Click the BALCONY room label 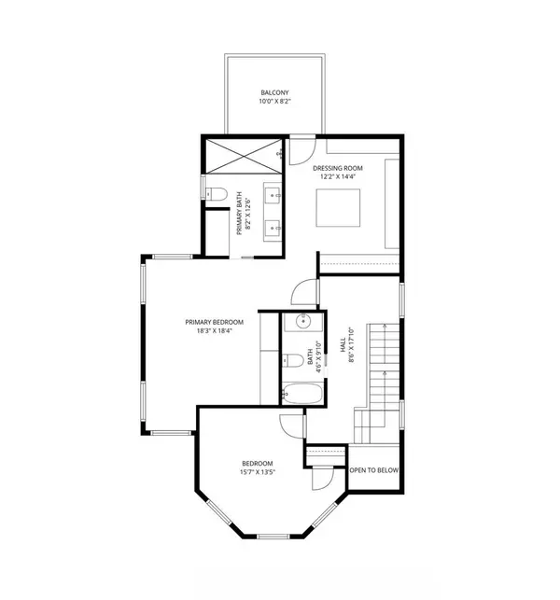point(274,92)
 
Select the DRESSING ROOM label point(338,168)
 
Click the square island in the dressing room point(338,207)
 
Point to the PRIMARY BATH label point(240,213)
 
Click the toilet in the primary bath point(216,194)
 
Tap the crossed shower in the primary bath point(244,156)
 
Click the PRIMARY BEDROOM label point(215,322)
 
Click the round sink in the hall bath point(302,321)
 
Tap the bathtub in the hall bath point(302,393)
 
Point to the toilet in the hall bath point(292,360)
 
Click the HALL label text point(343,344)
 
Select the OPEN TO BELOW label point(374,470)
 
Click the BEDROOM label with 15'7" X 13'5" point(258,464)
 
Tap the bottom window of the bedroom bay point(273,537)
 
